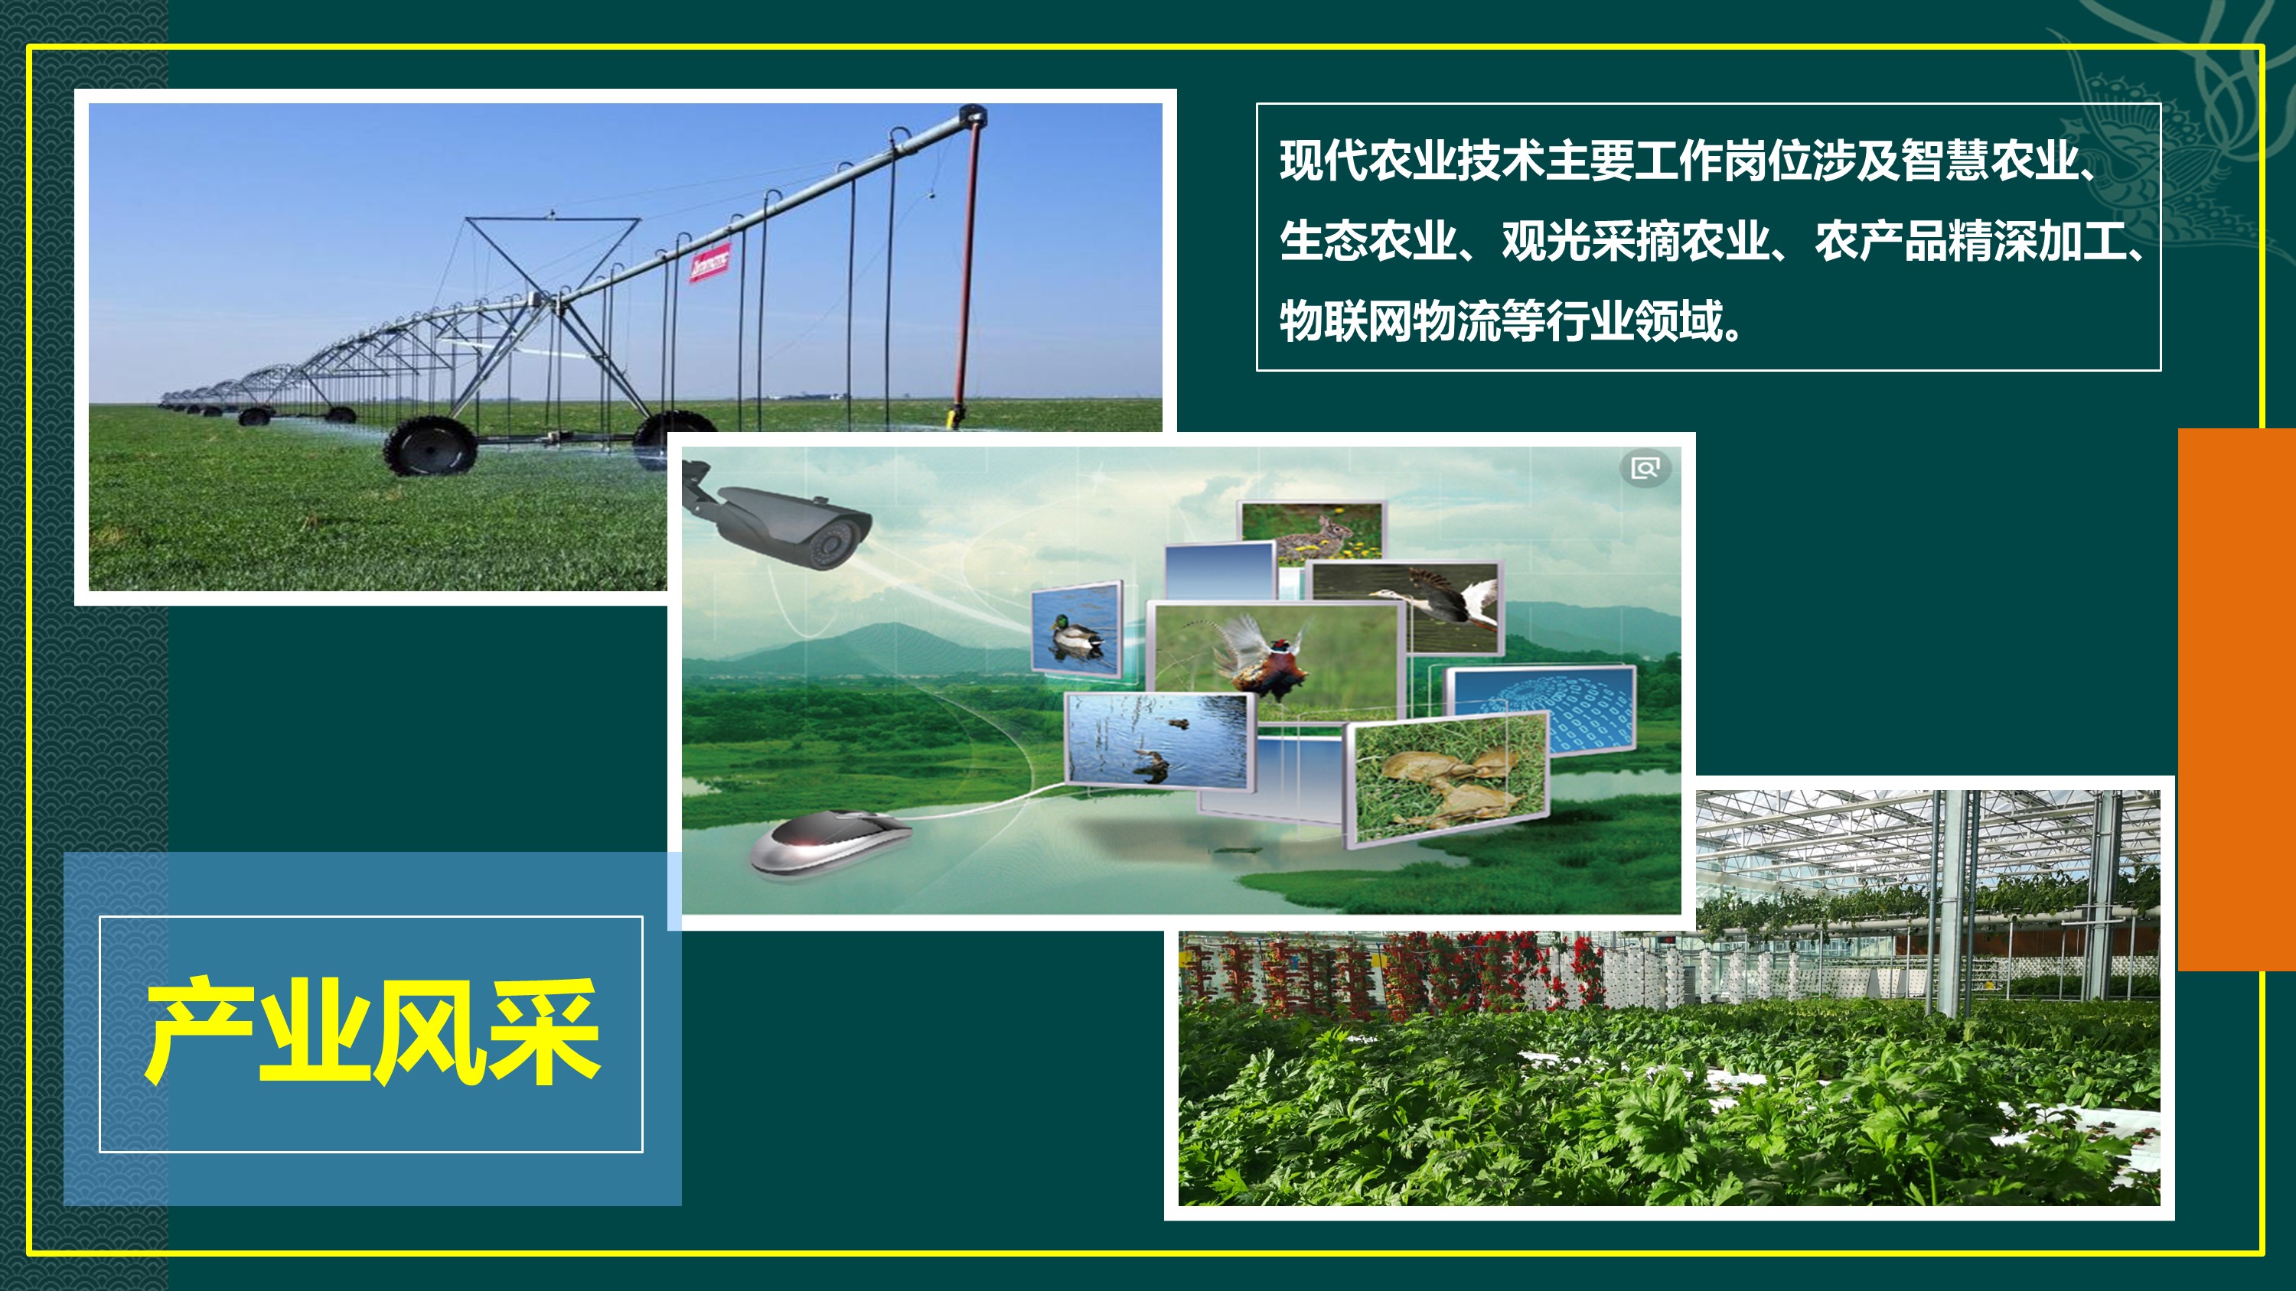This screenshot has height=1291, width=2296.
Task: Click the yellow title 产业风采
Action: point(373,1032)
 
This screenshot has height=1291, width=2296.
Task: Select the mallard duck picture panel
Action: point(1077,630)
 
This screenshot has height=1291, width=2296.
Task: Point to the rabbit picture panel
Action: point(1311,532)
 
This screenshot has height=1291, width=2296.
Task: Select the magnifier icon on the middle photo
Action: point(1645,468)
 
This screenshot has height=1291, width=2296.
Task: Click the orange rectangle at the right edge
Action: point(2236,699)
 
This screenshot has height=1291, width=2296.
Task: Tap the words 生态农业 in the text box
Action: point(1368,242)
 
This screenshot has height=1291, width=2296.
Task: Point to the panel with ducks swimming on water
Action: point(1159,740)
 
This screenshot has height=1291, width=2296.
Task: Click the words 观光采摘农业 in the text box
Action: point(1636,242)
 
